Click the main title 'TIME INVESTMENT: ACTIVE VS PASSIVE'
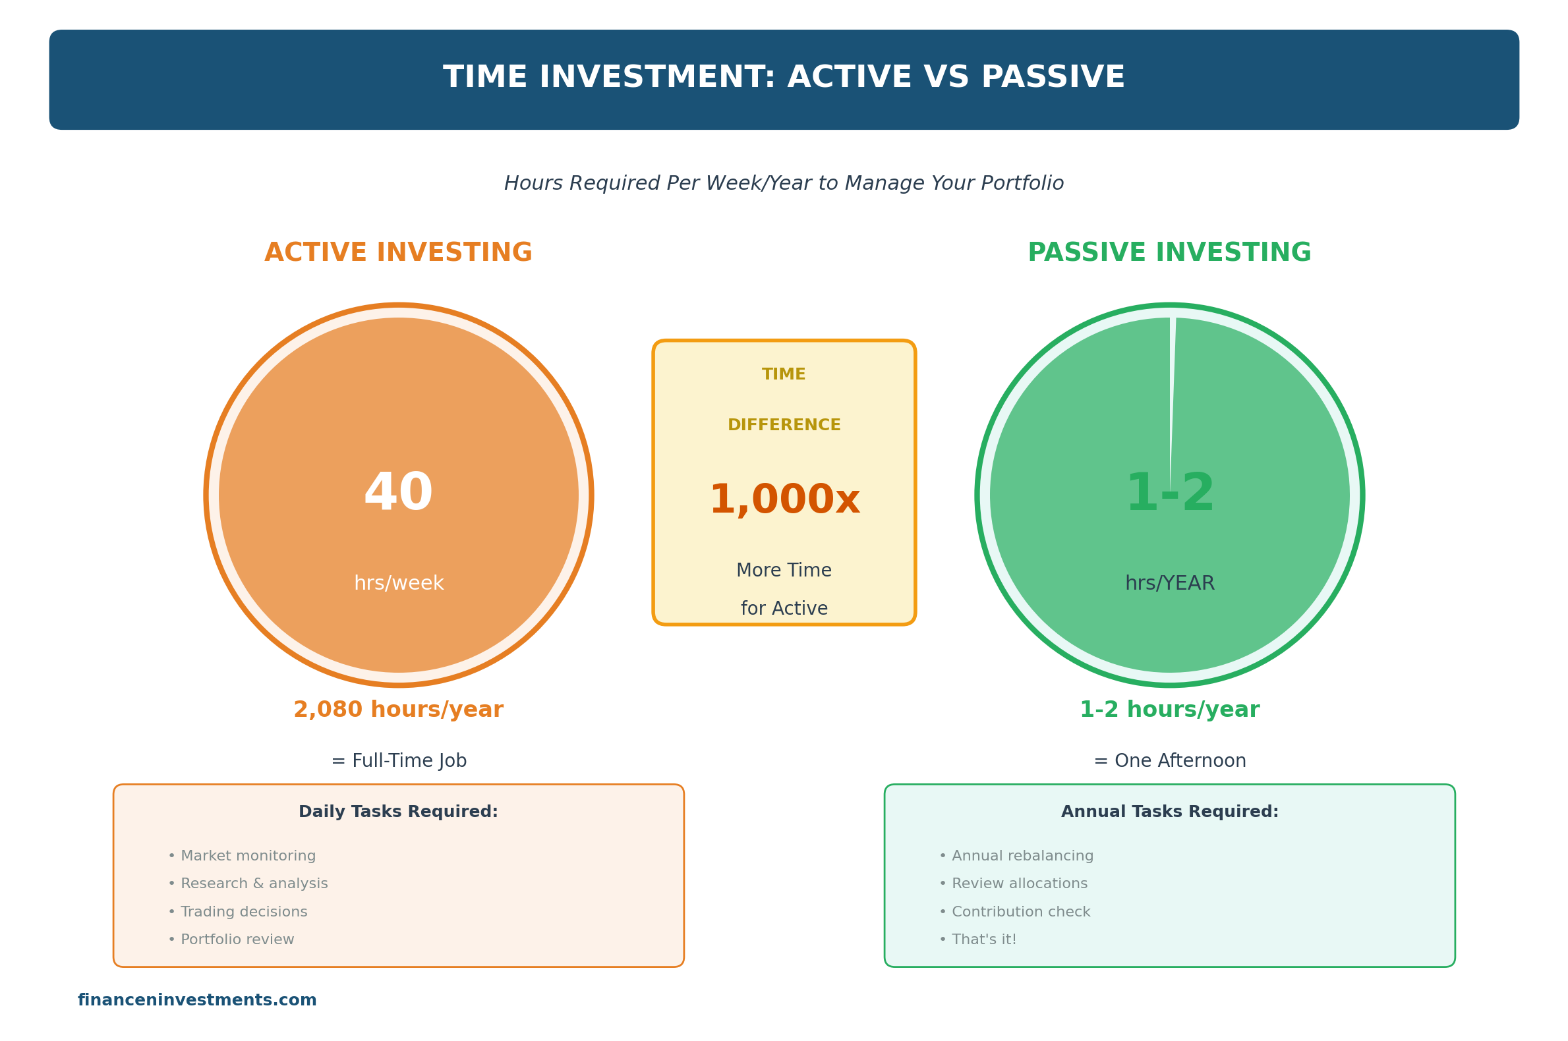coord(784,78)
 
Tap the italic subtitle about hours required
coord(784,183)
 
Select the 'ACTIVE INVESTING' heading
coord(399,253)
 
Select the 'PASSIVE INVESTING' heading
coord(1169,253)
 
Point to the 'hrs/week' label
coord(399,584)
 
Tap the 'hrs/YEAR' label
coord(1169,584)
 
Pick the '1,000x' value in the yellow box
coord(784,501)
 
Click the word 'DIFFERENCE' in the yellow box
coord(784,425)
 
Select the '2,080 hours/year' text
coord(399,710)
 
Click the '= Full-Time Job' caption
coord(399,761)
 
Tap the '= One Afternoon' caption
coord(1169,761)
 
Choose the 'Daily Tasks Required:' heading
coord(399,812)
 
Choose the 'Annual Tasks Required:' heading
coord(1169,812)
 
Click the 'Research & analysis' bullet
coord(248,884)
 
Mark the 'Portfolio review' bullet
coord(232,940)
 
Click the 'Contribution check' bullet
coord(1015,913)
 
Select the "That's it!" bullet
coord(977,940)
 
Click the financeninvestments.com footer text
coord(197,1001)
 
